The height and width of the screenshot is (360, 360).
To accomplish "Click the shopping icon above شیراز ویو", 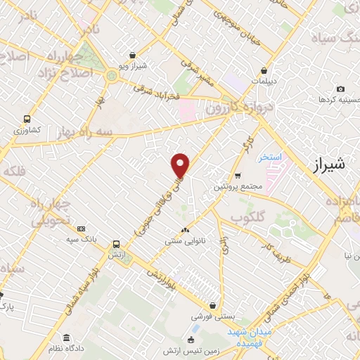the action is click(133, 55).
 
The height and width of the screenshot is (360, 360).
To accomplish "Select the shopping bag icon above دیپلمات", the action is click(264, 70).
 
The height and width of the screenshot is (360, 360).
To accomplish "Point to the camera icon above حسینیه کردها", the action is click(340, 89).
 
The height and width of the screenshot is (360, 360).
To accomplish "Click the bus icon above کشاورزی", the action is click(27, 119).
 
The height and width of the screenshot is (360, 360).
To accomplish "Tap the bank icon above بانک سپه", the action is click(82, 229).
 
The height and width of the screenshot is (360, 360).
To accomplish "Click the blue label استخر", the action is click(269, 157).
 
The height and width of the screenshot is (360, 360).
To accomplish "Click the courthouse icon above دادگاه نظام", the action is click(66, 337).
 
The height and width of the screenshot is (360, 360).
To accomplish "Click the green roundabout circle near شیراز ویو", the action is click(112, 75).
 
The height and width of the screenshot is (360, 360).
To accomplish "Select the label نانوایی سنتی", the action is click(184, 241).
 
